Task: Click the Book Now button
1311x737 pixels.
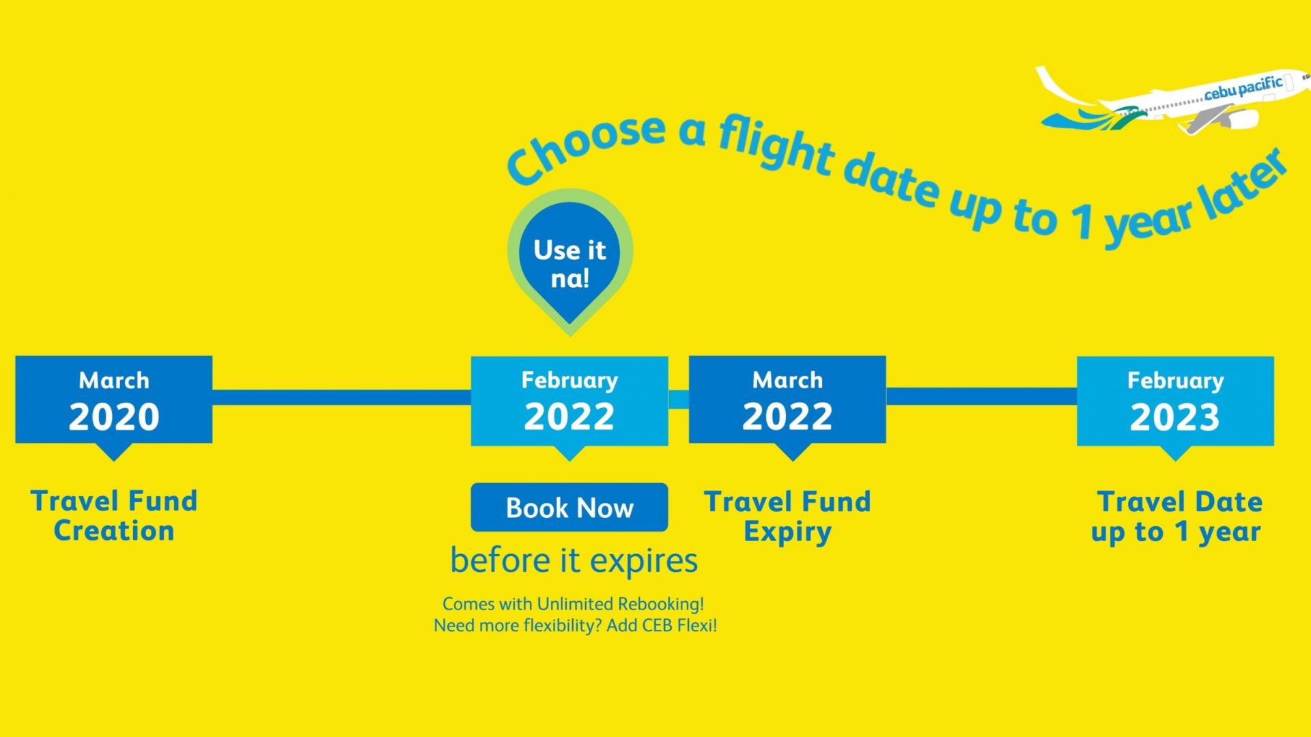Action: [x=569, y=507]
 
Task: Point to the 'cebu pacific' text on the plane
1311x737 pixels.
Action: [x=1243, y=88]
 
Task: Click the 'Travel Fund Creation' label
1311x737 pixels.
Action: [x=114, y=516]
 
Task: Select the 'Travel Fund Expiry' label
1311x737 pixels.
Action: [x=787, y=517]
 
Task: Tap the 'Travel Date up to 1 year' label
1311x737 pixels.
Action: [x=1176, y=517]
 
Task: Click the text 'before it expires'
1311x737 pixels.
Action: [x=574, y=561]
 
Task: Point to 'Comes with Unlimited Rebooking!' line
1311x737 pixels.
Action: [x=573, y=604]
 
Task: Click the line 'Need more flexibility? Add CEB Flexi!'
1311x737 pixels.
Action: [x=576, y=625]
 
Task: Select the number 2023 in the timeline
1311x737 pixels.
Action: [x=1174, y=417]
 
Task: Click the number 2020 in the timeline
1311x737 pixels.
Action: [x=113, y=416]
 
